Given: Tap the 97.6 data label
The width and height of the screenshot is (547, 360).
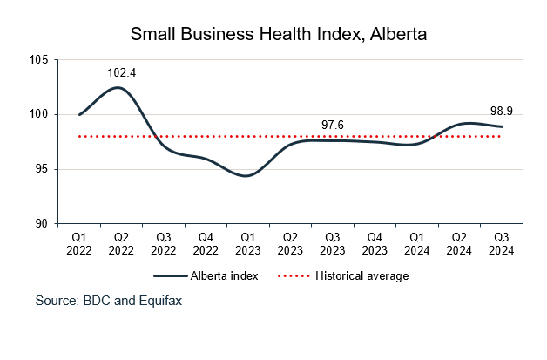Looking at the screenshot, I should pyautogui.click(x=333, y=126).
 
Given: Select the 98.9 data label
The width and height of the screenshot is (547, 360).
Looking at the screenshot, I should pyautogui.click(x=500, y=111).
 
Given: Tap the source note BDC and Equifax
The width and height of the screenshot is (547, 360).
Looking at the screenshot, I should pyautogui.click(x=109, y=301).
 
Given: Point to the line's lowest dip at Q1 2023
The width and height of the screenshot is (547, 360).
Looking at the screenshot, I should pyautogui.click(x=247, y=176).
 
